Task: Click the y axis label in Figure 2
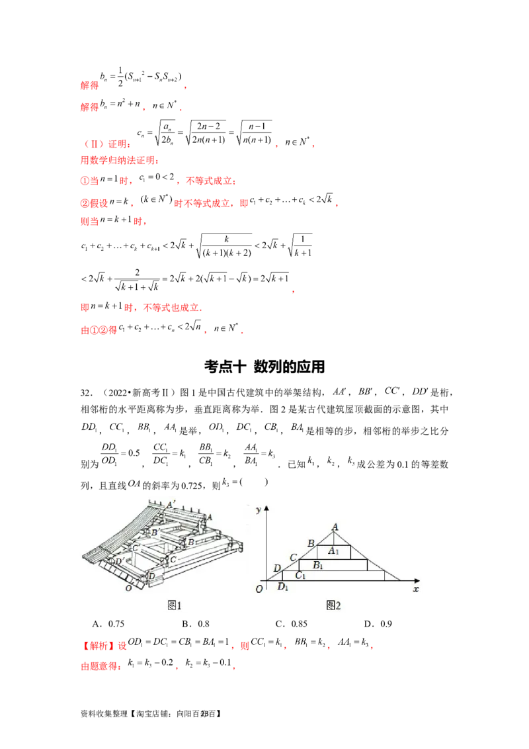(x=258, y=509)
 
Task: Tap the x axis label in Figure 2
(x=415, y=588)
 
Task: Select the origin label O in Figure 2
(x=259, y=589)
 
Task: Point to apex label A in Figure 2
(x=335, y=527)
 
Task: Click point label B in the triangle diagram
(x=311, y=543)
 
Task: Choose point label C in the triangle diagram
(x=293, y=558)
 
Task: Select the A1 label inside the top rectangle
(x=335, y=551)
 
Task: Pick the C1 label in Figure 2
(x=301, y=575)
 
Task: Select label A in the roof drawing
(x=210, y=517)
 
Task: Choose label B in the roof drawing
(x=190, y=542)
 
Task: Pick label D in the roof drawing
(x=152, y=577)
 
